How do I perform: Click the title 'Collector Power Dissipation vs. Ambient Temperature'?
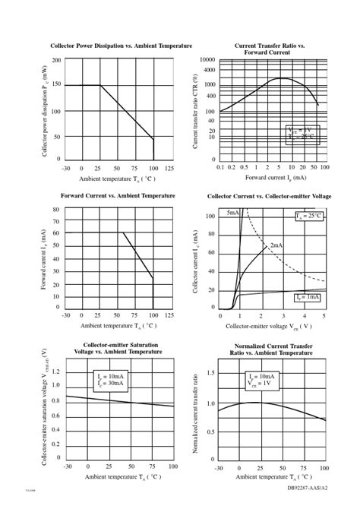click(x=121, y=46)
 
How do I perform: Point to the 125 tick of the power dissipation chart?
click(x=170, y=168)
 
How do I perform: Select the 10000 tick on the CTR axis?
click(x=207, y=59)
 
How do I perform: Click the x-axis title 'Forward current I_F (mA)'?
click(x=276, y=177)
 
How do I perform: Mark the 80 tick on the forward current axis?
click(x=56, y=210)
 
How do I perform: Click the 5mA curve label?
click(x=232, y=214)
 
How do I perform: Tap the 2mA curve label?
click(x=276, y=245)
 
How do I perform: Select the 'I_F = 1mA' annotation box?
click(x=308, y=297)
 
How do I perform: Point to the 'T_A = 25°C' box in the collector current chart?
click(x=309, y=217)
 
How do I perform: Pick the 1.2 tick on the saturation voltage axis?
click(x=55, y=372)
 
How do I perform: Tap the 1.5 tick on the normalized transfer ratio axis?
click(x=210, y=373)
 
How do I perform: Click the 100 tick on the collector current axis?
click(x=210, y=217)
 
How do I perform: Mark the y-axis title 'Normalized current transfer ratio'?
click(x=196, y=413)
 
